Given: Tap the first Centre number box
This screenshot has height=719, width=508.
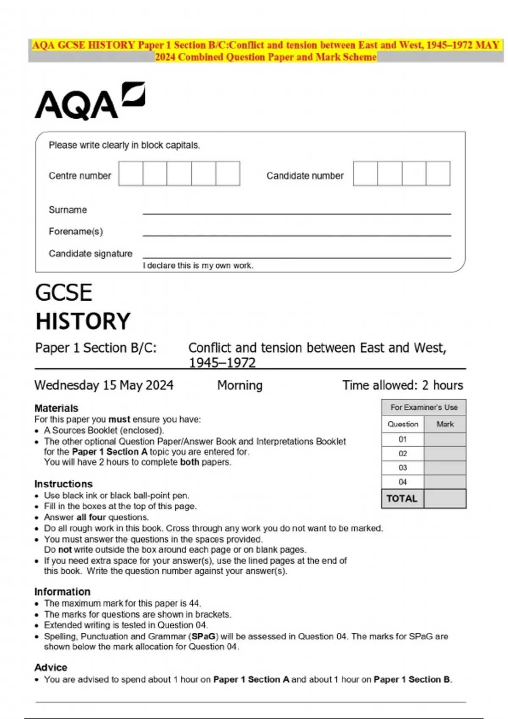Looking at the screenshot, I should coord(131,173).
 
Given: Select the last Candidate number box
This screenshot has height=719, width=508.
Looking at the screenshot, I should coord(438,173).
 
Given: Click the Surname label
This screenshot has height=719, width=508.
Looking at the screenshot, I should coord(68,210).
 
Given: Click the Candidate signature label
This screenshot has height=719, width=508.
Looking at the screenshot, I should coord(91,253).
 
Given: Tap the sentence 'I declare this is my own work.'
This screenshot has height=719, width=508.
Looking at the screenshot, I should coord(198,266).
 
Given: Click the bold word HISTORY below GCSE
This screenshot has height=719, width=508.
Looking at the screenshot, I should coord(83,321).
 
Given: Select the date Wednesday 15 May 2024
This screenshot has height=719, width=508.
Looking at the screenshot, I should coord(104,385).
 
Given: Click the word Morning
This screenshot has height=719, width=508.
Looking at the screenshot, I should coord(240,385).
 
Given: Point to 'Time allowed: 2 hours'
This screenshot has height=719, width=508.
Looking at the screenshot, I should coord(403,385).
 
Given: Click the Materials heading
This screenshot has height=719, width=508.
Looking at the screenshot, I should coord(56,408).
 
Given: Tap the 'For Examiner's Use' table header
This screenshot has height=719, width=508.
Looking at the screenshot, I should coord(424,407).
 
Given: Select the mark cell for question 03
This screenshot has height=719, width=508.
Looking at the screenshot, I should coord(445,468).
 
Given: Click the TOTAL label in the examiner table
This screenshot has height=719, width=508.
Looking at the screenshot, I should coord(402,499).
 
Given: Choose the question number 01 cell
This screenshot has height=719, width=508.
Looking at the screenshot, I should coord(403,439).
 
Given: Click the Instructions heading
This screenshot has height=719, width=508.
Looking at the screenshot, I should coord(63,484).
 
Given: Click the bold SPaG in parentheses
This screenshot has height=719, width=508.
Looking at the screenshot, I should coord(204,637).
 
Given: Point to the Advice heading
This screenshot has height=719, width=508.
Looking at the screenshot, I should coord(51,667).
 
